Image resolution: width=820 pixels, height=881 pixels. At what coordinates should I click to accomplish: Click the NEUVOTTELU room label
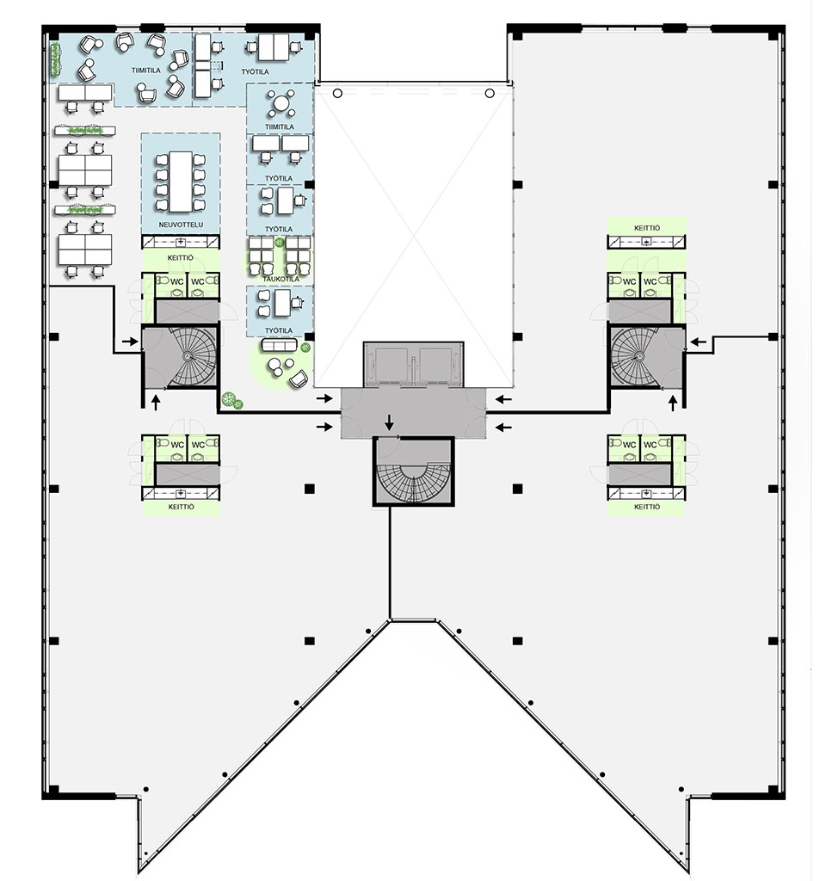coord(181,225)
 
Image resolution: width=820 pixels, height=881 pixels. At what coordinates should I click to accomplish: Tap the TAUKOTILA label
coord(281,279)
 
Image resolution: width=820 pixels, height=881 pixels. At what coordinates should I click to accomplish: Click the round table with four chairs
coord(280,103)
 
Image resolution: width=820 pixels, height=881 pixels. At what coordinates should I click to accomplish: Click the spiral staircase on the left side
coord(193,356)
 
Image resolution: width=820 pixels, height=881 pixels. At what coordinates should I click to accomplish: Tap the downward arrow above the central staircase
coord(389,422)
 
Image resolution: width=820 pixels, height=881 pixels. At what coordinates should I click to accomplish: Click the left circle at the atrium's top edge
coord(337,93)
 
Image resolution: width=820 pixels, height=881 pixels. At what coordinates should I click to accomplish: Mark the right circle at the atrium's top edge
coord(490,93)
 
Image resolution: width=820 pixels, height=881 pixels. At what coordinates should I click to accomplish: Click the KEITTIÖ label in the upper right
coord(647,228)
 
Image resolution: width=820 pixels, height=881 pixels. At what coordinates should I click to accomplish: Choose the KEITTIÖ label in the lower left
coord(181,507)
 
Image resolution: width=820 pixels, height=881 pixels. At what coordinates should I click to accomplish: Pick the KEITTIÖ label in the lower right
coord(647,507)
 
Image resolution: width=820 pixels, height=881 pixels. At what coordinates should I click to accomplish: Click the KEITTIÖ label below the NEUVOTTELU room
coord(181,258)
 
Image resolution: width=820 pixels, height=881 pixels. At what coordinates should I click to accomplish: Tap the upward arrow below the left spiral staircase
coord(156,403)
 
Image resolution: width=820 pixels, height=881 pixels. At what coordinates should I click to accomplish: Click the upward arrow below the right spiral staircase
coord(673,403)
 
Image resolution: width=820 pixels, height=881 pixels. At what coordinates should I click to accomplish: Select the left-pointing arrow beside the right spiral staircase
coord(699,341)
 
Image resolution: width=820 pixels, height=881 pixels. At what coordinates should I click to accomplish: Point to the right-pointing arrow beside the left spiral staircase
coord(130,341)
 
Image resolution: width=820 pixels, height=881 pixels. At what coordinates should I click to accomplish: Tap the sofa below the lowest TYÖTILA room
coord(280,344)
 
